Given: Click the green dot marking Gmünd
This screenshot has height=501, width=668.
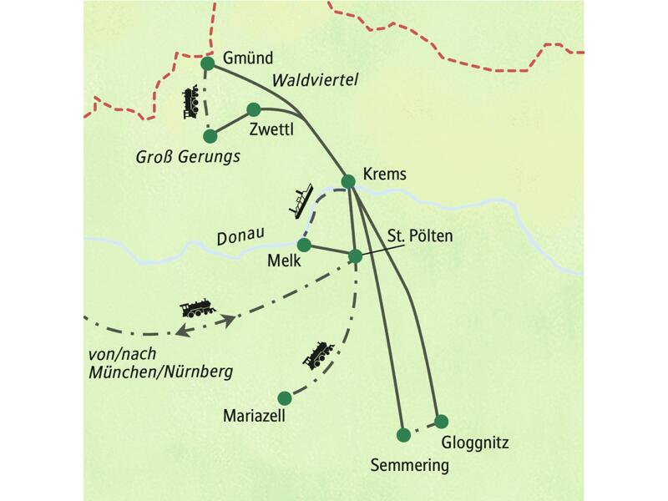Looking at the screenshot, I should (x=208, y=63).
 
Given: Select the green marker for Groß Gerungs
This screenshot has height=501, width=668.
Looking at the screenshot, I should (x=210, y=135).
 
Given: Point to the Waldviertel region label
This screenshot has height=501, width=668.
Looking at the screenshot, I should (x=315, y=80).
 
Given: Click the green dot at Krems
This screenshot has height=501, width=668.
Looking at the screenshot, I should (x=349, y=181).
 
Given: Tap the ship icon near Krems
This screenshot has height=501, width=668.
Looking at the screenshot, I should (x=301, y=199).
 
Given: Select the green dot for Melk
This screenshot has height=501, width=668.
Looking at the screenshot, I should (x=304, y=245).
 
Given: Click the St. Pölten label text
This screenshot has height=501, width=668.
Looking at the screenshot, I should (x=420, y=236).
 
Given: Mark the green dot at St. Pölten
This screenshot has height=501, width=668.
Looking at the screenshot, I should (x=356, y=256).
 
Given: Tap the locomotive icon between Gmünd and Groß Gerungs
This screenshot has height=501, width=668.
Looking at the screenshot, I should (x=192, y=100).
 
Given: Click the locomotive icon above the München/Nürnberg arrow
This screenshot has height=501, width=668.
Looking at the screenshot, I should (x=198, y=308).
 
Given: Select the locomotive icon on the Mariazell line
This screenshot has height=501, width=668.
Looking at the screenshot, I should (x=318, y=355).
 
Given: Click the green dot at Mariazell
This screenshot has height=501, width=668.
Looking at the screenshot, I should (x=285, y=397).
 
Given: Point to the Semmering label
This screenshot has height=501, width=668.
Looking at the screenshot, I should (x=410, y=465).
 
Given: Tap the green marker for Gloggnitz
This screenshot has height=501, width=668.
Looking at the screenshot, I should (x=441, y=421).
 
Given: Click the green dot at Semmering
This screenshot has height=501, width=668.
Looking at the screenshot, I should (x=404, y=434).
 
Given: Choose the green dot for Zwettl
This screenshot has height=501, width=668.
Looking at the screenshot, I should (x=254, y=109).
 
